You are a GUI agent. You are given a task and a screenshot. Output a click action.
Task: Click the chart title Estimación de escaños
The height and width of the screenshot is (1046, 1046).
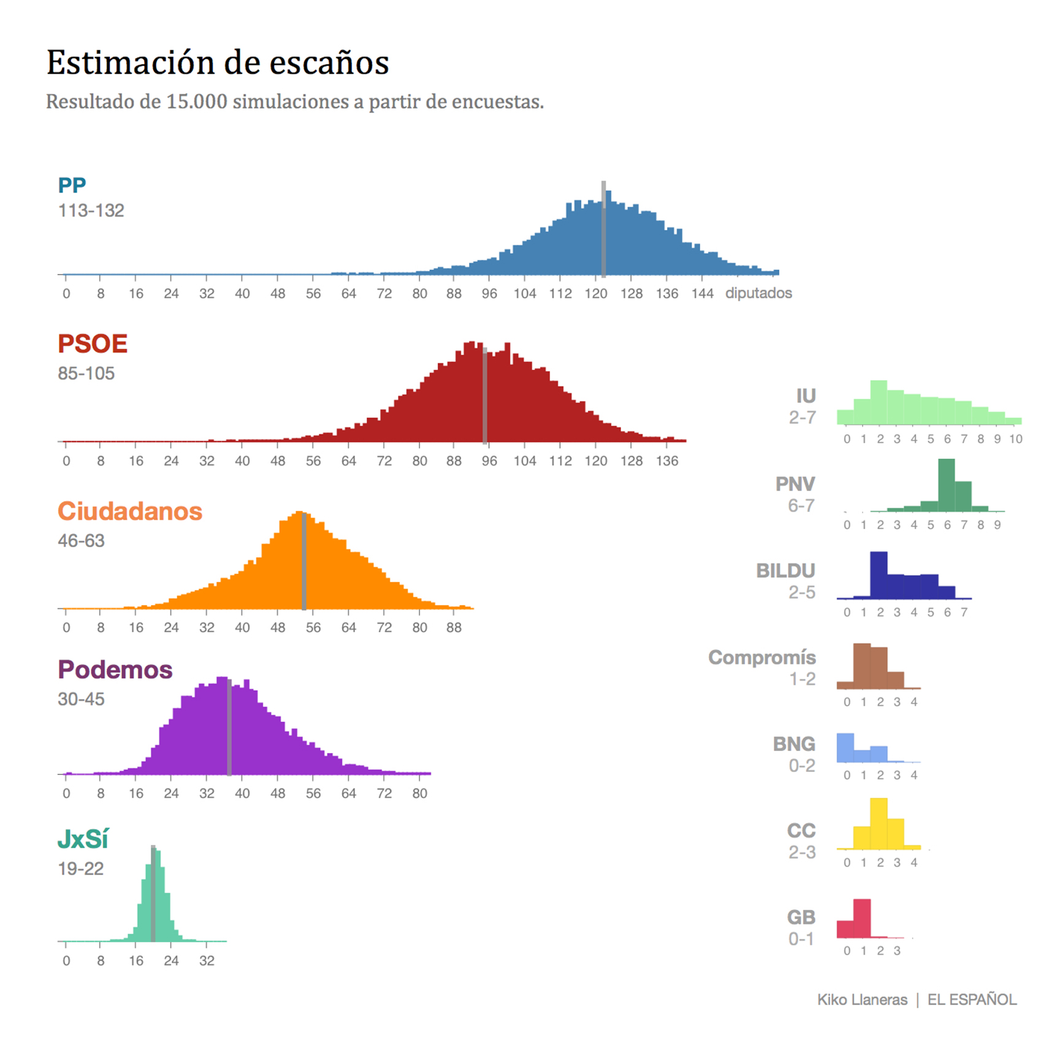pos(218,63)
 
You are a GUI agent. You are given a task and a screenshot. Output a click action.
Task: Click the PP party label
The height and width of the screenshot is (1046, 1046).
pos(72,185)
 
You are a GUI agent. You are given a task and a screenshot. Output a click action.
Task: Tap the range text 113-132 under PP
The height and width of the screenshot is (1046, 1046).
pos(91,211)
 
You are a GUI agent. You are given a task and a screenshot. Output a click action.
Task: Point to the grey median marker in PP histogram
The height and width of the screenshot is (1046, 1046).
pos(603,230)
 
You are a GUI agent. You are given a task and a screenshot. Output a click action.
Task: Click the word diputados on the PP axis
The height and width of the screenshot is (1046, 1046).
pos(758,293)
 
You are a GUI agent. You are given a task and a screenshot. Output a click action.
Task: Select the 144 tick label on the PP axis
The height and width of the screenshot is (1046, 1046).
pos(702,294)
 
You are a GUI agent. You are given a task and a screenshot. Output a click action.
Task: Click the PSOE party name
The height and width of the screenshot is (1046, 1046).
pos(93,343)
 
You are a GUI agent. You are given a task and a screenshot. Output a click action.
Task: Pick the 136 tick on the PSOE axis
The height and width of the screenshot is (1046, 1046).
pos(666,461)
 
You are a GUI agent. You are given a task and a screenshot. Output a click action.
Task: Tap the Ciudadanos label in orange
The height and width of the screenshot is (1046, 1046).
pos(130,511)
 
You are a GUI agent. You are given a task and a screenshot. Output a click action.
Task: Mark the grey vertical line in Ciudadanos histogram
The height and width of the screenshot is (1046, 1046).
pos(303,561)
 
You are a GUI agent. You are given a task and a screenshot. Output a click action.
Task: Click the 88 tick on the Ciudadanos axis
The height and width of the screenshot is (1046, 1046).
pos(454,628)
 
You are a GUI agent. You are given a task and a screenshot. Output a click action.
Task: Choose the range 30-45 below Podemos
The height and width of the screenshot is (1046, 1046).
pos(81,699)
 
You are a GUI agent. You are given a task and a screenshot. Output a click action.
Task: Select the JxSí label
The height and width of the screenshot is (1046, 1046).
pos(83,839)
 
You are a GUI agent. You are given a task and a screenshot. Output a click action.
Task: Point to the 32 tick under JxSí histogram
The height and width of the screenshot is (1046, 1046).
pos(207,961)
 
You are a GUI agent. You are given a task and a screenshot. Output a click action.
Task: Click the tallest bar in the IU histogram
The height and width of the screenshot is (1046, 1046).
pos(879,403)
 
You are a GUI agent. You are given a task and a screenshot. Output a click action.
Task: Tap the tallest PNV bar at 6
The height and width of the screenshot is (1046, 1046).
pos(946,486)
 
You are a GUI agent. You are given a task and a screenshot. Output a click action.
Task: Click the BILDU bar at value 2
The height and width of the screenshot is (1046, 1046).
pos(879,575)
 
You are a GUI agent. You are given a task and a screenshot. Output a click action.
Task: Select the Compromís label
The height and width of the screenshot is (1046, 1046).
pos(762,657)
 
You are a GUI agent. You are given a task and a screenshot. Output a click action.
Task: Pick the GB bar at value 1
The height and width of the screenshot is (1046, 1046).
pos(862,918)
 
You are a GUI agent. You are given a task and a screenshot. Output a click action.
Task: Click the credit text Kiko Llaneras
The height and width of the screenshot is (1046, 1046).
pos(861,1000)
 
